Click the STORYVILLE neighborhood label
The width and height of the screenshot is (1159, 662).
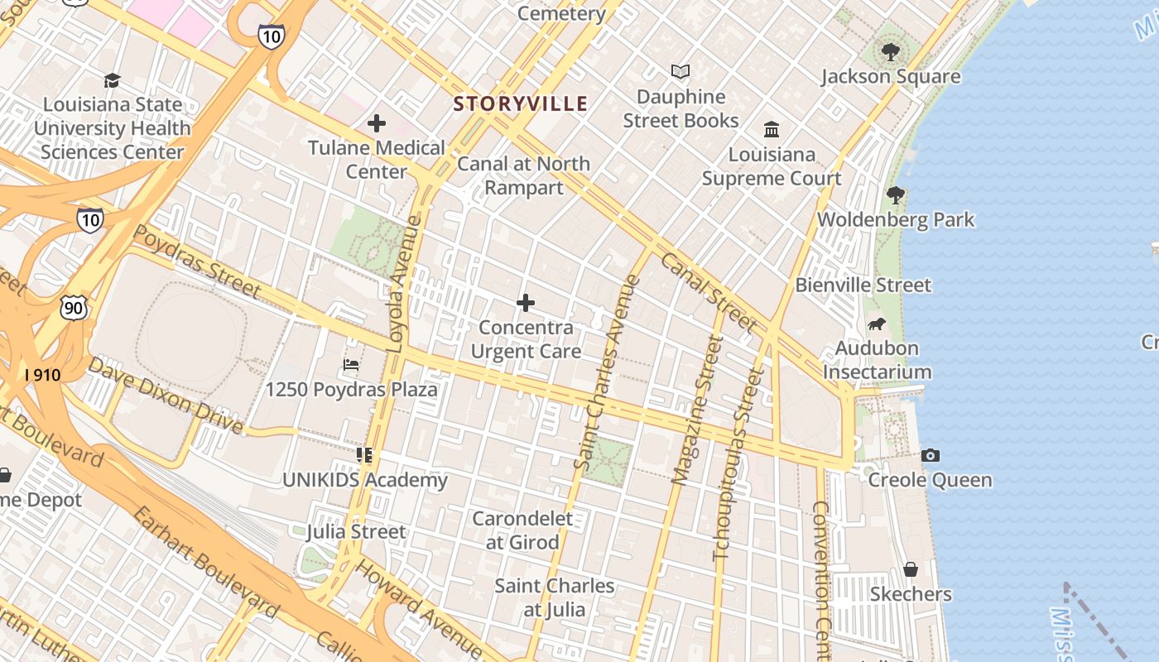point(521,104)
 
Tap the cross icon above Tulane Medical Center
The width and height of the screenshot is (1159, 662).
point(377,124)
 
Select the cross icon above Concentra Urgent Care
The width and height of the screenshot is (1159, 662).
point(526,304)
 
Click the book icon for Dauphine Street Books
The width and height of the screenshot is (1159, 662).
point(680,72)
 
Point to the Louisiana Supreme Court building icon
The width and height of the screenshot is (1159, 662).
point(772,129)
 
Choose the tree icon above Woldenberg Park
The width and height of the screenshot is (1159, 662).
point(896,196)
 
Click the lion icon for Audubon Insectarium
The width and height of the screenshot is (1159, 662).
point(876,324)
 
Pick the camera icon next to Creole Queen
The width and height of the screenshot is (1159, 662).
point(931,456)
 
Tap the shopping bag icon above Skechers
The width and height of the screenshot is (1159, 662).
point(911,570)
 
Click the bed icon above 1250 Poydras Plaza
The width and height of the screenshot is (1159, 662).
point(351,365)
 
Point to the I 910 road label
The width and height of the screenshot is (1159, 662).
point(42,375)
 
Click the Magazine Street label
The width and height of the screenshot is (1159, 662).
point(692,410)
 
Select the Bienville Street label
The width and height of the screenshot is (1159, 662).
point(863,285)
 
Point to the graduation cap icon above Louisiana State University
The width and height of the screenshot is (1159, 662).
point(112,80)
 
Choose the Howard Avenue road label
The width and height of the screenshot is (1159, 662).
point(417,607)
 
